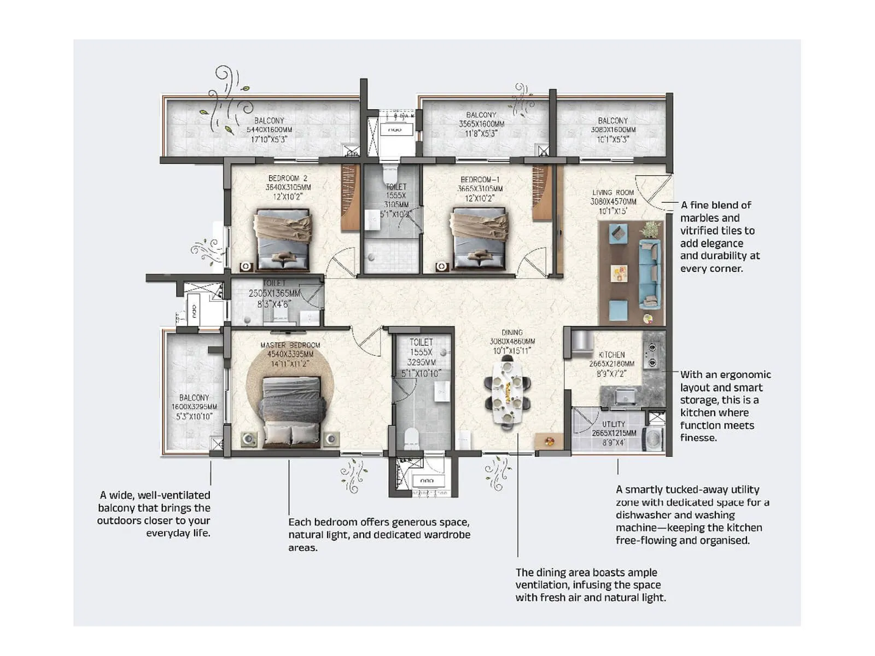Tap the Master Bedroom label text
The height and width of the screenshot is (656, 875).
290,345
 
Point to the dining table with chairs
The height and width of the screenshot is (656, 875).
507,391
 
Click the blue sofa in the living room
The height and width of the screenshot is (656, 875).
650,273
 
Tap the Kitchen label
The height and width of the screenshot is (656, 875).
611,355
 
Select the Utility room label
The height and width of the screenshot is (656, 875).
613,424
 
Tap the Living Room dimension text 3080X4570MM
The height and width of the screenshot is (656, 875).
613,202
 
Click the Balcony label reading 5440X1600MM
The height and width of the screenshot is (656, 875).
269,130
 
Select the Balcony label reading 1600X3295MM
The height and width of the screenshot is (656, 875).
194,407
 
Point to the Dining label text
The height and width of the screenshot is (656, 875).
512,332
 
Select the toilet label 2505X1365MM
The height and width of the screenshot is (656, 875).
275,294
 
